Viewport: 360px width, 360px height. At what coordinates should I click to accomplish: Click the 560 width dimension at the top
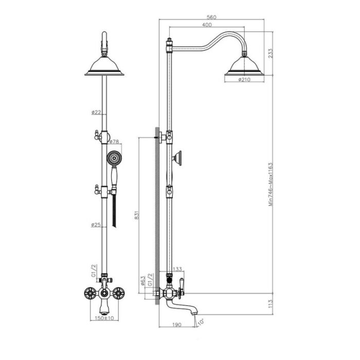211,17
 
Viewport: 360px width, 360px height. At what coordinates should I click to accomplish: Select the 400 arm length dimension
207,25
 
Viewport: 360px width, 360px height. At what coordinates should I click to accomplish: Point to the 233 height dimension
271,53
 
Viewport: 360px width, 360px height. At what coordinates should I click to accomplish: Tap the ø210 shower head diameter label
244,80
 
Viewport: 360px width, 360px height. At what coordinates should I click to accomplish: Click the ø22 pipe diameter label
96,112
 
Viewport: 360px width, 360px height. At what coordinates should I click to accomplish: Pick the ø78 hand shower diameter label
114,141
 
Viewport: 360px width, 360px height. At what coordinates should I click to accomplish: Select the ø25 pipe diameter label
96,225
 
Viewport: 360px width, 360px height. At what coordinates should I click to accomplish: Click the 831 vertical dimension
137,215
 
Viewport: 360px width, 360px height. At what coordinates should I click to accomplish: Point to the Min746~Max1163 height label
271,184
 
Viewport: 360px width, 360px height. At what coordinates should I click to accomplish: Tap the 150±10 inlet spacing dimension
104,318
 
